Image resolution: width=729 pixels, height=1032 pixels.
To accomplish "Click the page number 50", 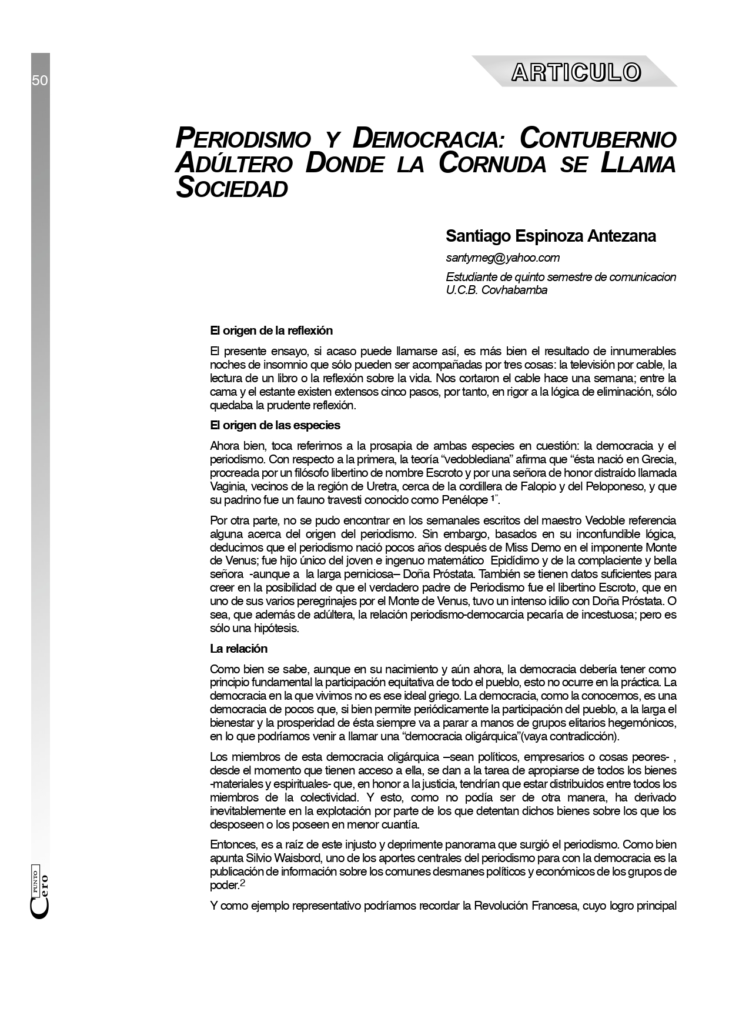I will click(40, 81).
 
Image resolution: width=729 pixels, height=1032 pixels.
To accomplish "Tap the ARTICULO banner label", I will click(576, 72).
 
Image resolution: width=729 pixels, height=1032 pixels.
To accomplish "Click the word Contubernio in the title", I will click(598, 139).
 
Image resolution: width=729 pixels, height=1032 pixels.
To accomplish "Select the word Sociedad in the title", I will click(232, 188).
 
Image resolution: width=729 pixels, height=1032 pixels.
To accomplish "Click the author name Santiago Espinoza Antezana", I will click(551, 236).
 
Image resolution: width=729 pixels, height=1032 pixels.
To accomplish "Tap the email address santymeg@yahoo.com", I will click(503, 258).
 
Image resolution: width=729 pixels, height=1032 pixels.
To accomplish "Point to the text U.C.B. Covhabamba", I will click(497, 290).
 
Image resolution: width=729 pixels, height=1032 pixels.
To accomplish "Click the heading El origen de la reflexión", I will click(272, 331).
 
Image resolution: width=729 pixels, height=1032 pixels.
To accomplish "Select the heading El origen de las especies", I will click(275, 425).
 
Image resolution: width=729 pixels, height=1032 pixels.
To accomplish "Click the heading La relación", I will click(239, 649).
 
